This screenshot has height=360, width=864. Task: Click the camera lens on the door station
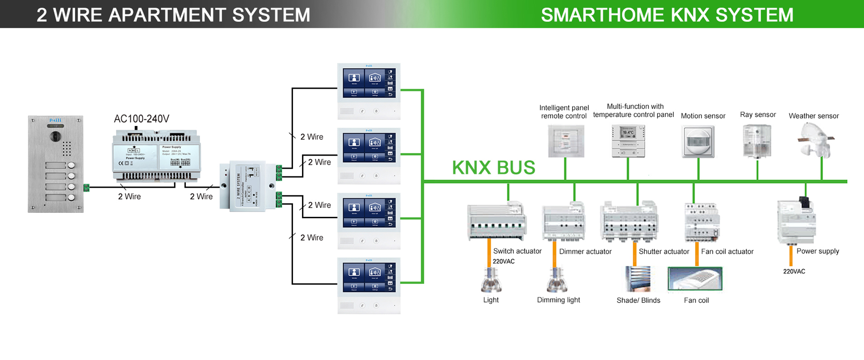click(x=55, y=136)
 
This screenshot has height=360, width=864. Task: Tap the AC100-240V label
click(x=141, y=119)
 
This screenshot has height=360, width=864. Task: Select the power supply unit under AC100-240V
click(x=156, y=156)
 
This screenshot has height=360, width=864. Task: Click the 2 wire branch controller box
click(x=247, y=186)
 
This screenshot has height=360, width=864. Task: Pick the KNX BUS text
click(x=493, y=168)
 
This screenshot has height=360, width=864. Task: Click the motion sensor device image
click(x=698, y=142)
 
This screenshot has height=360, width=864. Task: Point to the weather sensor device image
click(x=815, y=140)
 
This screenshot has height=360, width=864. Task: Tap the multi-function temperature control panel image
click(x=628, y=141)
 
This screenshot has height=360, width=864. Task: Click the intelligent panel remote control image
click(x=566, y=141)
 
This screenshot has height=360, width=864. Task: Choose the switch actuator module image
click(x=497, y=222)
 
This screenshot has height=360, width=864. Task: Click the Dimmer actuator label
click(x=585, y=252)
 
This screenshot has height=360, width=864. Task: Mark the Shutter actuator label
click(x=664, y=252)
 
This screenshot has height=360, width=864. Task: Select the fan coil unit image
click(x=695, y=279)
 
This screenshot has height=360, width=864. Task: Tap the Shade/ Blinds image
click(x=638, y=279)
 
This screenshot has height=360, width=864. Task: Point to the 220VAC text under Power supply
click(x=794, y=271)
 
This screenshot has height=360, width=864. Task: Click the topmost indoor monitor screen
click(x=369, y=83)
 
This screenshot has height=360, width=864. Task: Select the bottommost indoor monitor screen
click(x=369, y=277)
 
